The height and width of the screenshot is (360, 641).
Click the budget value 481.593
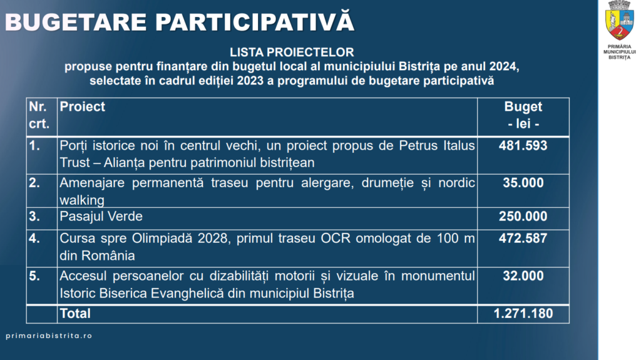pyautogui.click(x=523, y=146)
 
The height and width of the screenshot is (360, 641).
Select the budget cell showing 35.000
pyautogui.click(x=523, y=183)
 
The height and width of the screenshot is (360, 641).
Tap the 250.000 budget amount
pyautogui.click(x=523, y=217)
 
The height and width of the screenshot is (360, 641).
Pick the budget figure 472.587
pyautogui.click(x=523, y=239)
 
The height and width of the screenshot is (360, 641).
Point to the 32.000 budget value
pyautogui.click(x=523, y=276)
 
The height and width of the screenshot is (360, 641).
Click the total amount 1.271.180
pyautogui.click(x=523, y=314)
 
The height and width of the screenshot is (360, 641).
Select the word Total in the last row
pyautogui.click(x=75, y=314)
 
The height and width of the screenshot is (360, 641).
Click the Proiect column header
pyautogui.click(x=82, y=107)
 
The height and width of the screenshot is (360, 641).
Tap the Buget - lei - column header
pyautogui.click(x=523, y=115)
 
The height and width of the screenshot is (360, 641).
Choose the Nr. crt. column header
pyautogui.click(x=39, y=115)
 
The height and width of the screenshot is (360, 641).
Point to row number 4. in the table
pyautogui.click(x=34, y=239)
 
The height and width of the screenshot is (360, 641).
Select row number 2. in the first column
pyautogui.click(x=34, y=183)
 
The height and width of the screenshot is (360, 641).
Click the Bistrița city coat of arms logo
pyautogui.click(x=620, y=21)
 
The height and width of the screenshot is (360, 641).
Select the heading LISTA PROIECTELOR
pyautogui.click(x=292, y=52)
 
